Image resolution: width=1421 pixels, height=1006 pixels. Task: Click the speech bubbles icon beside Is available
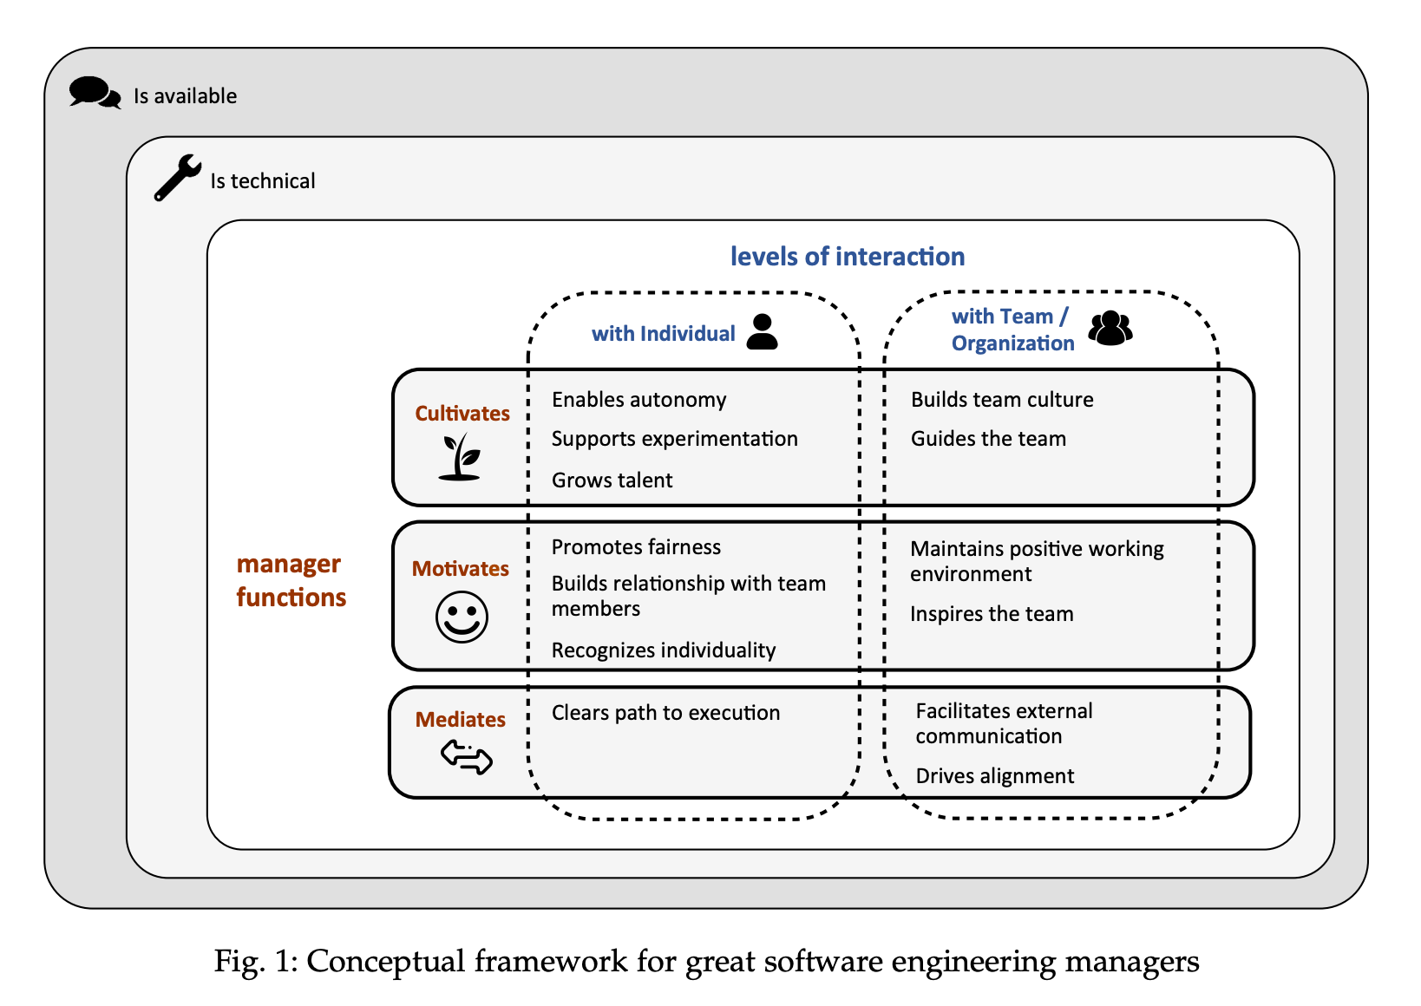click(x=95, y=93)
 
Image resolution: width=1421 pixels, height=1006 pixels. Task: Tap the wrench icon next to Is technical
click(x=177, y=178)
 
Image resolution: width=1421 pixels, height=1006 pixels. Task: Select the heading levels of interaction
click(x=847, y=257)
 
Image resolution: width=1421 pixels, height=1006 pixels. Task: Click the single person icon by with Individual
click(x=762, y=332)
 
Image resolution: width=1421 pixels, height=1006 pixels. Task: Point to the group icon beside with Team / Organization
click(x=1110, y=329)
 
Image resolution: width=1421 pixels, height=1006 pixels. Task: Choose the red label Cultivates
click(x=462, y=414)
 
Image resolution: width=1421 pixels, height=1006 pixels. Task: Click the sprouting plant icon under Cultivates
click(x=460, y=457)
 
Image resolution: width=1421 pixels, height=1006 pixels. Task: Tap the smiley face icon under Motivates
click(x=462, y=617)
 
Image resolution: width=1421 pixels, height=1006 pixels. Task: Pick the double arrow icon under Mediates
click(x=467, y=756)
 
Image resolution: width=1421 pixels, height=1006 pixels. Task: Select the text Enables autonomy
click(x=638, y=400)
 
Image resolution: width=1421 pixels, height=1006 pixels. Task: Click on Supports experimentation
click(x=674, y=439)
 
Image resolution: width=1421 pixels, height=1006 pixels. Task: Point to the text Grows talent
click(x=612, y=480)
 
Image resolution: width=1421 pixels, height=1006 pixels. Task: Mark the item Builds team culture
click(x=1001, y=400)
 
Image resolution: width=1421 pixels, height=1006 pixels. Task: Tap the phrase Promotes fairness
click(x=636, y=547)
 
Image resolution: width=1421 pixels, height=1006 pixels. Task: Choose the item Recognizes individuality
click(x=663, y=650)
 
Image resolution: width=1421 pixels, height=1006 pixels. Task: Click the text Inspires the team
click(x=991, y=614)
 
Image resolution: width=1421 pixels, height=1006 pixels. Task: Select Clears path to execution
click(x=665, y=713)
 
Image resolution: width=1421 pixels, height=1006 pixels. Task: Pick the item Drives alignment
click(x=994, y=776)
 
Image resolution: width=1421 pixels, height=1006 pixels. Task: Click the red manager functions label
click(x=291, y=580)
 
